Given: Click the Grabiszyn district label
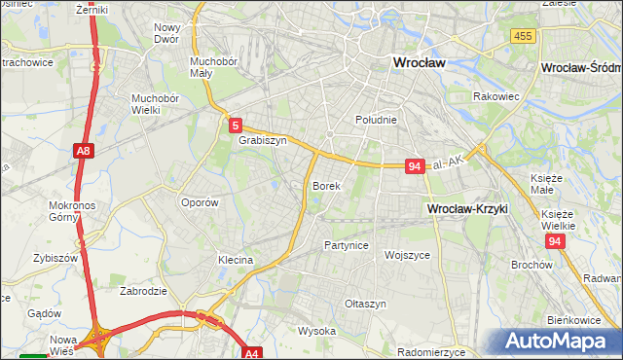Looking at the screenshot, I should pyautogui.click(x=263, y=140).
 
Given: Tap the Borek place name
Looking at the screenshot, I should pyautogui.click(x=326, y=185).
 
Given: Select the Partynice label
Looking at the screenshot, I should pyautogui.click(x=347, y=245).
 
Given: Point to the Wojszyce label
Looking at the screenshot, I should pyautogui.click(x=408, y=255).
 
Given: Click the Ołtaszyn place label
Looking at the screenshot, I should pyautogui.click(x=366, y=304).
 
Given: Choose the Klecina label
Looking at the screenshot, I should pyautogui.click(x=236, y=260).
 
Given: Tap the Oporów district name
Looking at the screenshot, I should pyautogui.click(x=200, y=203).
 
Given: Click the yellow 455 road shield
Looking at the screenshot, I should pyautogui.click(x=523, y=36).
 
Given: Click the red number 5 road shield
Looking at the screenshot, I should pyautogui.click(x=236, y=126).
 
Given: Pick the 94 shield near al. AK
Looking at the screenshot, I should pyautogui.click(x=415, y=166).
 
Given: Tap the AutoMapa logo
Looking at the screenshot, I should pyautogui.click(x=559, y=342).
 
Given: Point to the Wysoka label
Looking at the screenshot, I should pyautogui.click(x=316, y=331).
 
